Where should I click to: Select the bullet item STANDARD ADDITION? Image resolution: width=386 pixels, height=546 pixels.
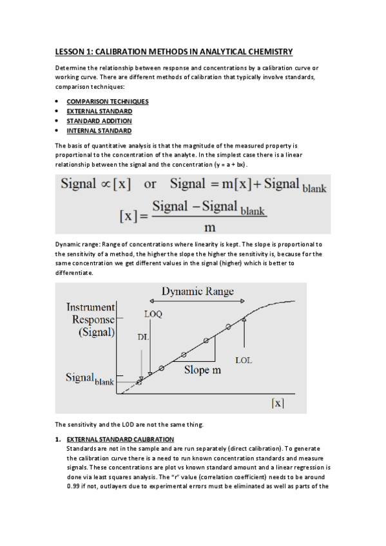click(x=99, y=121)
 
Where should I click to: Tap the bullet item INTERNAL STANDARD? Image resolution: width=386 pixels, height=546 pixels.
click(x=99, y=131)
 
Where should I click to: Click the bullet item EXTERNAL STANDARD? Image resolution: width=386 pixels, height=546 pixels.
click(x=99, y=111)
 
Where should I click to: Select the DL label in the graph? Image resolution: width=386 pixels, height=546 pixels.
click(x=144, y=337)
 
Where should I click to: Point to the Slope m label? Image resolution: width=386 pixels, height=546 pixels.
click(x=202, y=370)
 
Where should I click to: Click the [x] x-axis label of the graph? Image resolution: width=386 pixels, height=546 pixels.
click(x=276, y=403)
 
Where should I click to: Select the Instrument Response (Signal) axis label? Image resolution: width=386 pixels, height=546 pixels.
click(x=90, y=320)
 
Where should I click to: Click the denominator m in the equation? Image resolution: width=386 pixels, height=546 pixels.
click(x=209, y=227)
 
